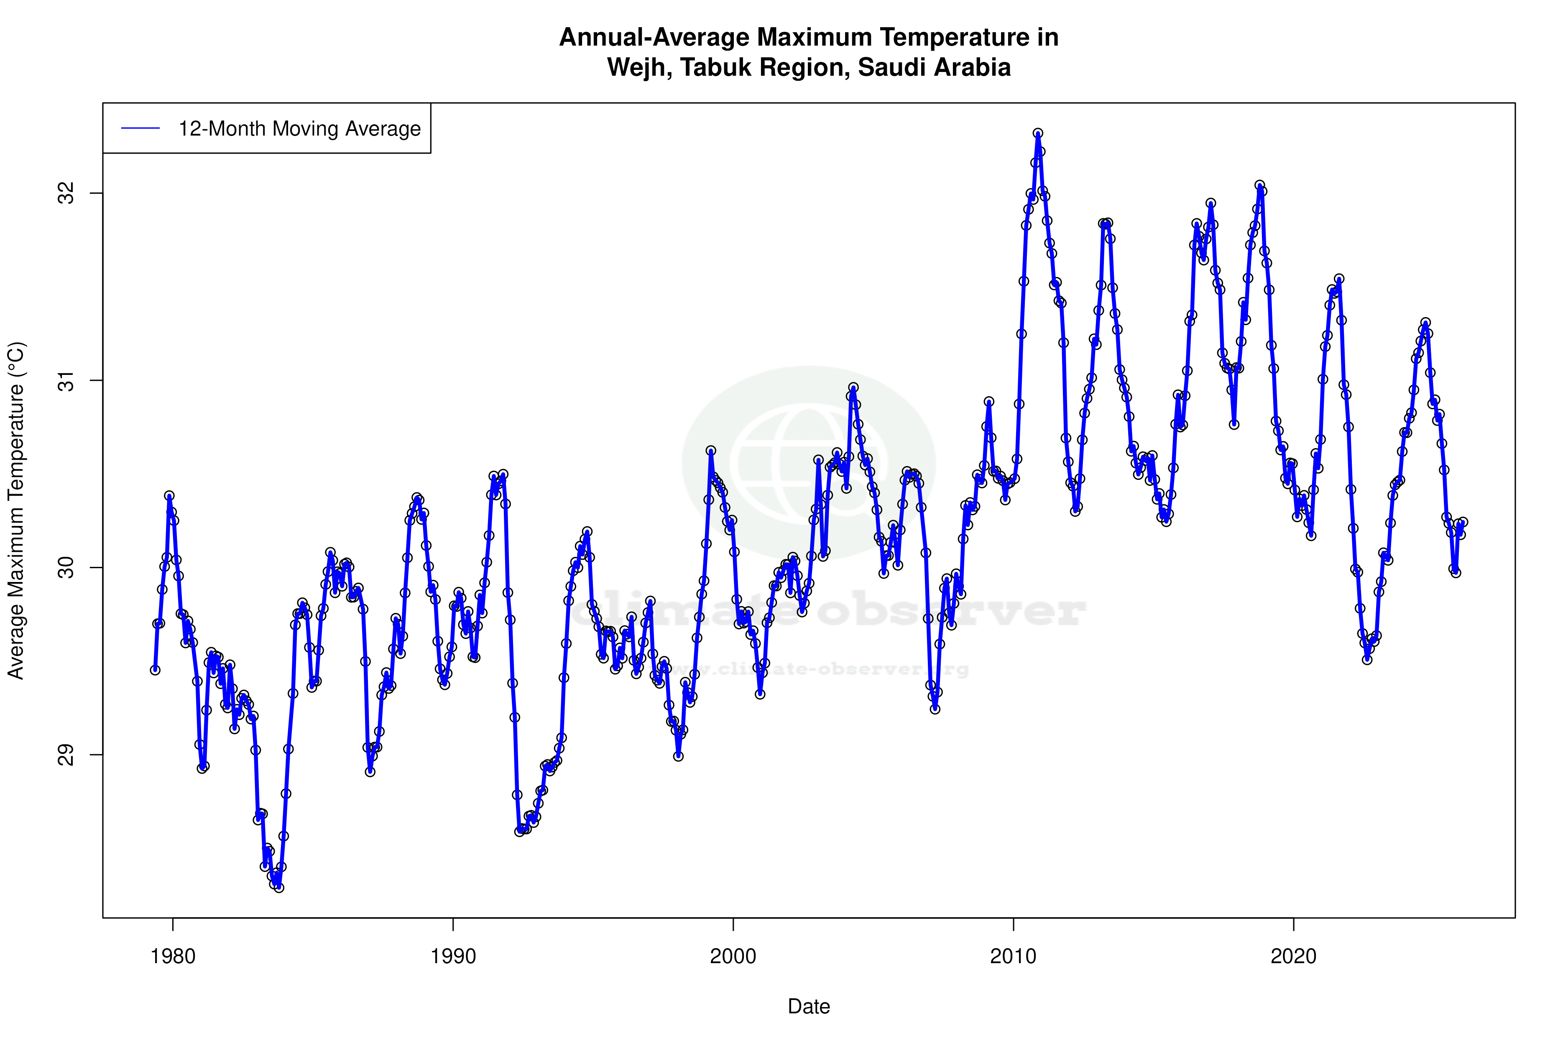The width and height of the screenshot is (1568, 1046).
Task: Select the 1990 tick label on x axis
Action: tap(453, 956)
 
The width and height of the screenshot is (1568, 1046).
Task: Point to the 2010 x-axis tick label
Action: tap(1013, 956)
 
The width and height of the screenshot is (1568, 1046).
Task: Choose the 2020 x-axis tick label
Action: tap(1293, 956)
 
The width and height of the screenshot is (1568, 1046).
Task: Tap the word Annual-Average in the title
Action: tap(655, 37)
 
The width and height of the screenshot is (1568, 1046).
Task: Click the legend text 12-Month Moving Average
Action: tap(299, 129)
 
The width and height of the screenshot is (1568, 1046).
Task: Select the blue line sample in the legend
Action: tap(140, 129)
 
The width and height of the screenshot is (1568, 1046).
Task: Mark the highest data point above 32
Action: tap(1038, 133)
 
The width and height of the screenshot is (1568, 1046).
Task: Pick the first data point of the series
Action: tap(155, 670)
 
